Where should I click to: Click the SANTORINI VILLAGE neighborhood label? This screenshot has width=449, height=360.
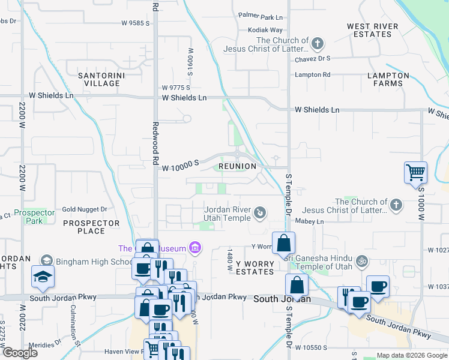pos(100,79)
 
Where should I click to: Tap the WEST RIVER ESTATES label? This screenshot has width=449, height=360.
pos(372,30)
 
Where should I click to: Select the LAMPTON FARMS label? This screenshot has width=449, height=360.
pos(388,79)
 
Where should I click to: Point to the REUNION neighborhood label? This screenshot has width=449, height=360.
pos(237,166)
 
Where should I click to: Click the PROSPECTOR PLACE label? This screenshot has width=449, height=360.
pos(92,227)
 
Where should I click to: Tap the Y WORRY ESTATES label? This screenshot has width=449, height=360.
pos(255,268)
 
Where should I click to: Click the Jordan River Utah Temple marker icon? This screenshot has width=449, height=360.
pos(260,212)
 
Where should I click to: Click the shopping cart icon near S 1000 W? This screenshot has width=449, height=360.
pos(415,173)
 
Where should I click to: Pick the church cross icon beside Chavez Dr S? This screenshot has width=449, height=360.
pos(318,44)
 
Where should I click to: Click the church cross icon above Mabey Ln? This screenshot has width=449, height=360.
pos(396,206)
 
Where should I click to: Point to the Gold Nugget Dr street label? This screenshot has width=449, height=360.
pos(85,209)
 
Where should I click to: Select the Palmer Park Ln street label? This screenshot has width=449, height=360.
pos(260,17)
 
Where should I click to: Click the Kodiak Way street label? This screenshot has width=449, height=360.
pos(265,30)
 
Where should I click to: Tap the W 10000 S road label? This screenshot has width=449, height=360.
pos(180,169)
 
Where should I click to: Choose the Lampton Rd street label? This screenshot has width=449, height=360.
pos(312,74)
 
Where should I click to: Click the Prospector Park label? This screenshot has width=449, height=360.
pos(34,217)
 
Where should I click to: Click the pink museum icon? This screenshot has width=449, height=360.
pos(194,247)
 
